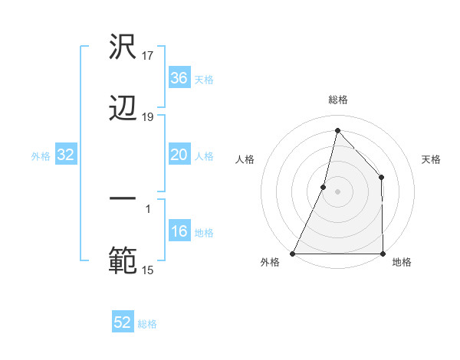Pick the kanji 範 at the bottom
tap(123, 260)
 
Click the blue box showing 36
tap(179, 78)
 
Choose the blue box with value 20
tap(179, 155)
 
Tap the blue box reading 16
tap(179, 232)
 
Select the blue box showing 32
tap(66, 155)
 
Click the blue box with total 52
tap(123, 322)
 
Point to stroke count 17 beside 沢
tap(149, 55)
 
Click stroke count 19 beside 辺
tap(149, 116)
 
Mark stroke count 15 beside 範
tap(149, 269)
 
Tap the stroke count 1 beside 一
tap(148, 208)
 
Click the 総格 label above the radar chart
tap(338, 100)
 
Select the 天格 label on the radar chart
tap(431, 159)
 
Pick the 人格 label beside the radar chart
tap(245, 159)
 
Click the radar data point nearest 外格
tap(293, 254)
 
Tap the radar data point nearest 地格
tap(383, 254)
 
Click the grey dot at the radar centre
tap(338, 191)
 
